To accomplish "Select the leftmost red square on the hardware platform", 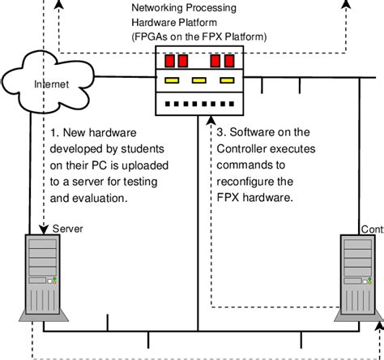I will pos(171,61).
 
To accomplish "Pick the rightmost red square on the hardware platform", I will pos(231,61).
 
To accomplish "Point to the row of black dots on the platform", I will pos(201,103).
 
